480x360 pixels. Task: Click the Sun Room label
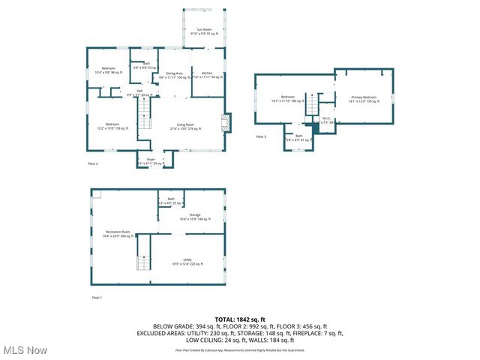click(203, 29)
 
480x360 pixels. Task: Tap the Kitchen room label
click(206, 74)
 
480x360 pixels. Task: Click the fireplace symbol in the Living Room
click(226, 123)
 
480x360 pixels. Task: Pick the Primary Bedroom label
click(362, 98)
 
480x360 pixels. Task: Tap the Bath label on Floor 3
click(298, 137)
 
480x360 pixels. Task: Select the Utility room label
click(187, 261)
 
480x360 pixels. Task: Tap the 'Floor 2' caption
click(94, 163)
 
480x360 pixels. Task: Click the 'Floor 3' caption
click(261, 137)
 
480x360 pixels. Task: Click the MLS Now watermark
click(25, 350)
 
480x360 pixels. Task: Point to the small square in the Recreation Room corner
click(95, 193)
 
